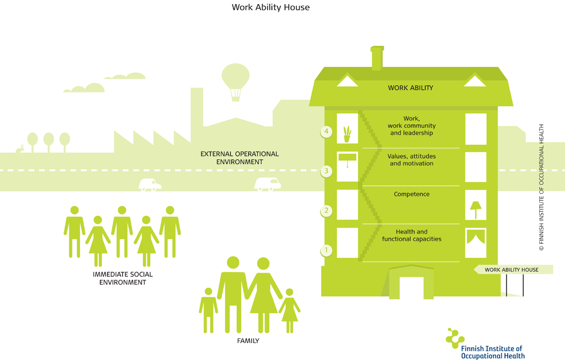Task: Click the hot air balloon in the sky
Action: click(235, 81)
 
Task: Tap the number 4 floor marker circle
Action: click(327, 132)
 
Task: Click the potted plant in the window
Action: click(347, 134)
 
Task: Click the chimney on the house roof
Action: click(377, 58)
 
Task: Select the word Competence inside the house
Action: click(411, 194)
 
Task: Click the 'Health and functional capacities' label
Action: click(411, 235)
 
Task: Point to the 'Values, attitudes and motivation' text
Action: click(411, 160)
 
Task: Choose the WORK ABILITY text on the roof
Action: click(410, 88)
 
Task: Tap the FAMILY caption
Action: click(248, 340)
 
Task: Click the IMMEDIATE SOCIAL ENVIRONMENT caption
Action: click(123, 278)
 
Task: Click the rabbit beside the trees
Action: click(20, 149)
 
